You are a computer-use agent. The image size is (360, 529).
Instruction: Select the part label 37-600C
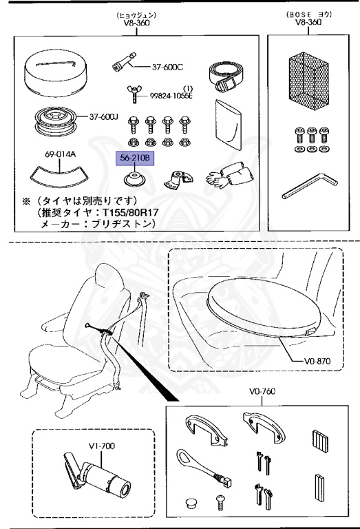(168, 67)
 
